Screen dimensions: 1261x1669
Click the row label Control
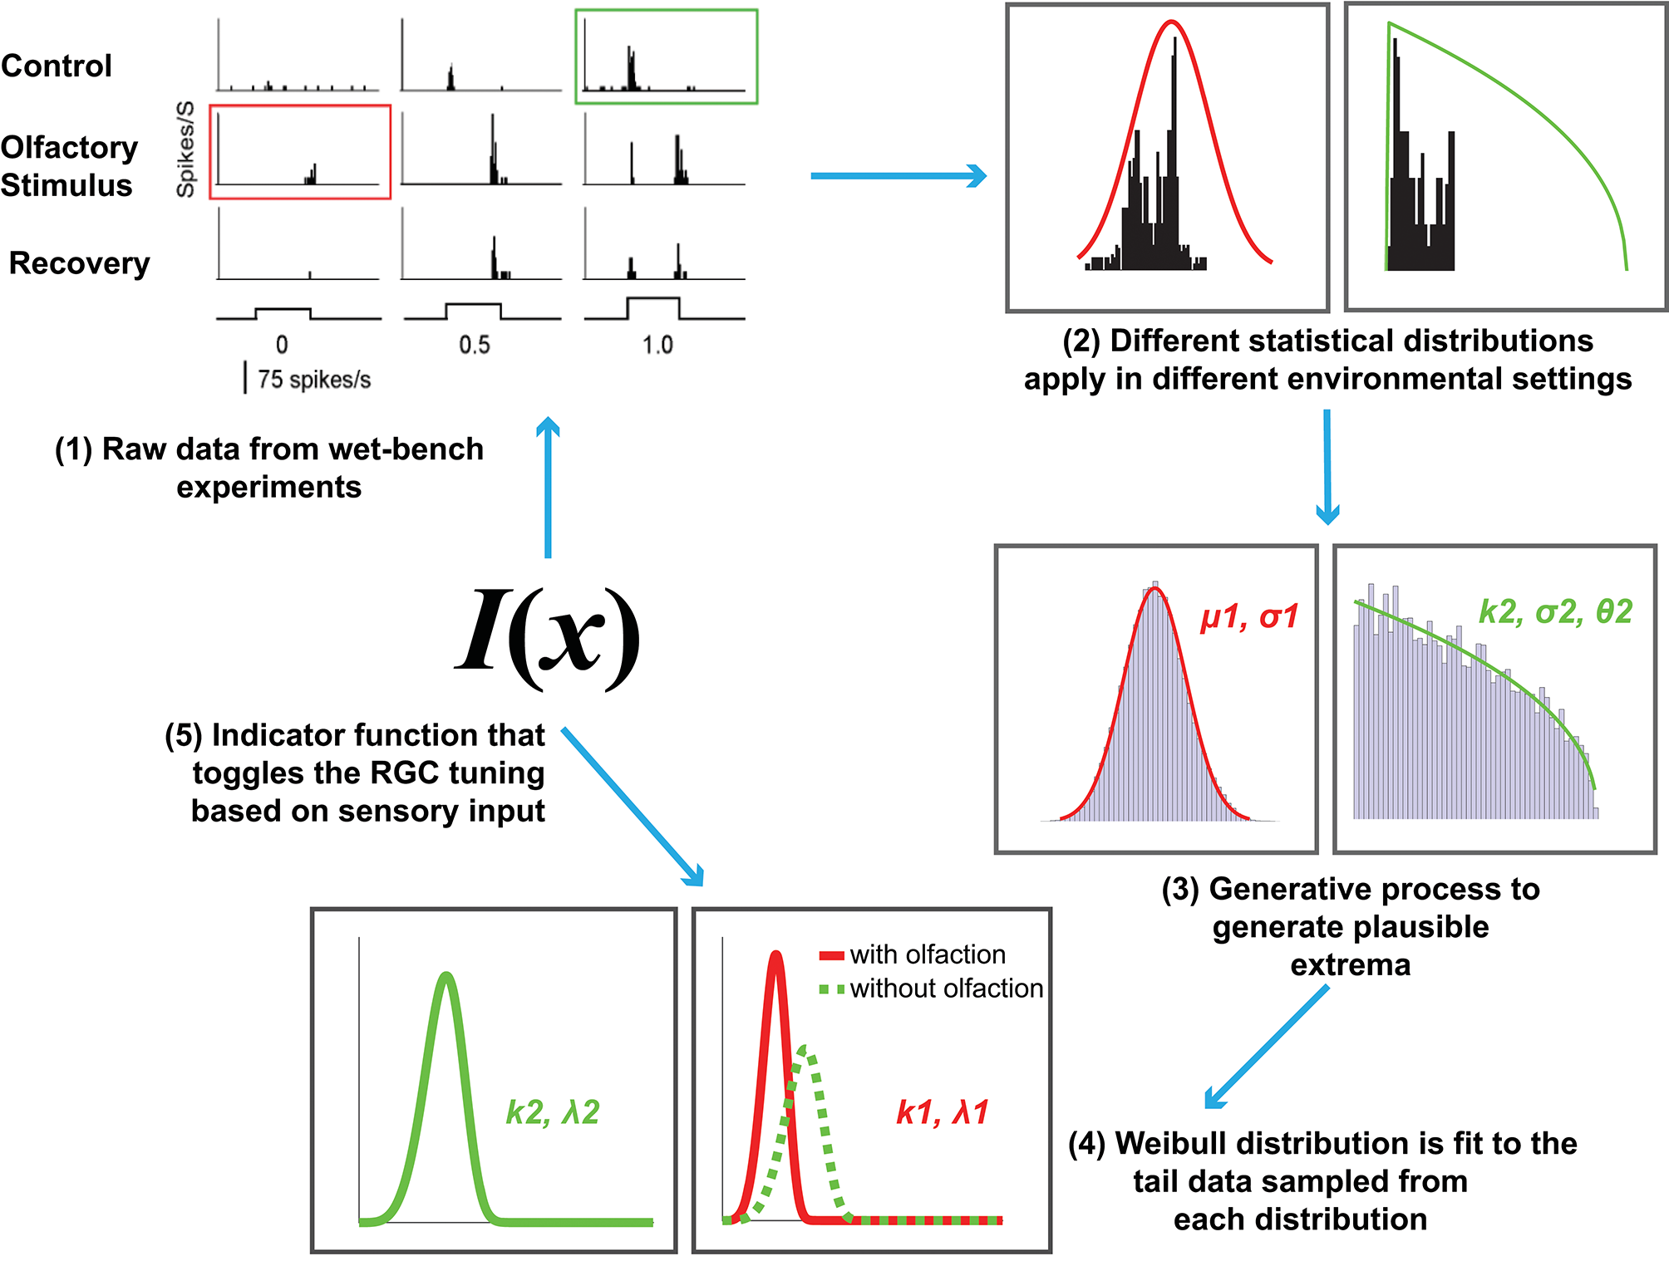click(x=57, y=66)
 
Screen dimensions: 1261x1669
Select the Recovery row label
click(x=79, y=263)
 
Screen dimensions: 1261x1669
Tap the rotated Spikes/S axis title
click(x=185, y=150)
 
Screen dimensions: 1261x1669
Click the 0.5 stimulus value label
click(x=475, y=345)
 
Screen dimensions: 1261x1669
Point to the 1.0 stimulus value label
click(x=657, y=345)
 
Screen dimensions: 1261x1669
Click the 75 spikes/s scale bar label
click(x=313, y=380)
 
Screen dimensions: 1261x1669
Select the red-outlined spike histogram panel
click(x=300, y=152)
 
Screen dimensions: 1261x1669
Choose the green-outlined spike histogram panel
click(x=667, y=56)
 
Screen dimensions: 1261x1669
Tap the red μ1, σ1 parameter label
click(x=1248, y=617)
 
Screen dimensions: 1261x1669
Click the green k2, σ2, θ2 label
click(x=1555, y=612)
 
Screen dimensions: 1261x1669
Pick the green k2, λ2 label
click(x=553, y=1112)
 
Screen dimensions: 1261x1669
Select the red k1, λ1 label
click(x=943, y=1112)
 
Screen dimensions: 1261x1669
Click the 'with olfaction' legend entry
click(x=927, y=954)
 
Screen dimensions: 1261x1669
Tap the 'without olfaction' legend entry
click(x=946, y=989)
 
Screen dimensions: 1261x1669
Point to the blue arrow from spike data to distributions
click(x=898, y=176)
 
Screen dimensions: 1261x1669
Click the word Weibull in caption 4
click(x=1183, y=1144)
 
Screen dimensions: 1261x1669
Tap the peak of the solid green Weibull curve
click(x=447, y=975)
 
